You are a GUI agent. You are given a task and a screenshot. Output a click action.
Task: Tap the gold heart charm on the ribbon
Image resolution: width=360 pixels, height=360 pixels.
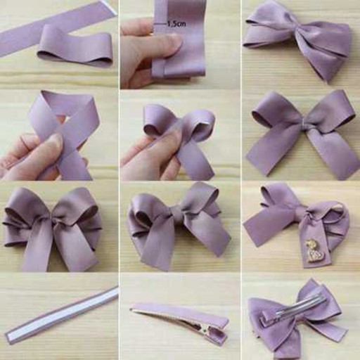tap(311, 252)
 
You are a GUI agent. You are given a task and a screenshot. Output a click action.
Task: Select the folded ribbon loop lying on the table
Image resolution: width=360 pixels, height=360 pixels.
tap(75, 45)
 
